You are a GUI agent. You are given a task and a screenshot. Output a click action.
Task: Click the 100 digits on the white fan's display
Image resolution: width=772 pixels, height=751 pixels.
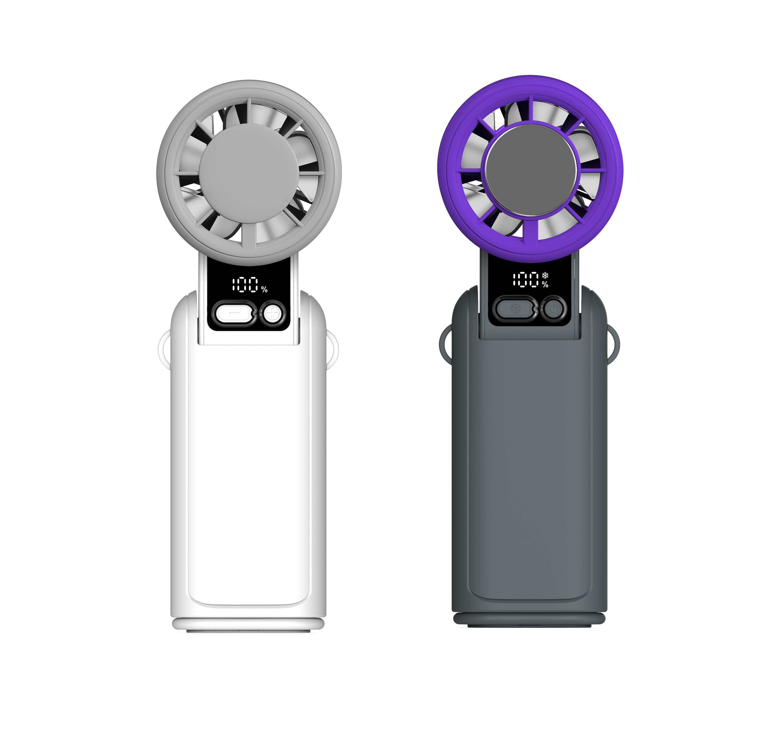click(x=245, y=284)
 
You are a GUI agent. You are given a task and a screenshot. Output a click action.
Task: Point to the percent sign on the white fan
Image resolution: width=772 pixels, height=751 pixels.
click(x=264, y=290)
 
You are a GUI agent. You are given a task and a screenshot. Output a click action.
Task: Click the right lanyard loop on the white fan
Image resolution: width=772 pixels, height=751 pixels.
click(x=334, y=350)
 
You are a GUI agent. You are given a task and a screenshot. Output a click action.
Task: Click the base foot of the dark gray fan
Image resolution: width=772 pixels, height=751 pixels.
click(x=529, y=619)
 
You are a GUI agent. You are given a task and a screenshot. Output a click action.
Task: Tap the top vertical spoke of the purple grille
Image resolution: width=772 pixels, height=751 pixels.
click(x=531, y=108)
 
